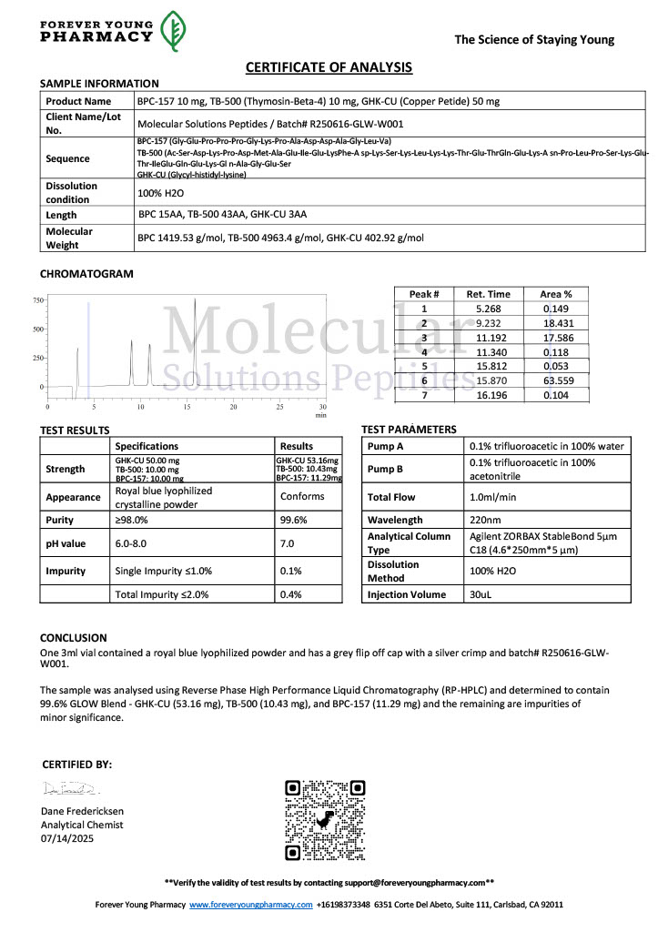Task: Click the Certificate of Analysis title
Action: tap(329, 67)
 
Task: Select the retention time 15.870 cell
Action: tap(488, 379)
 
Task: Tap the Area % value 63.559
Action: tap(557, 379)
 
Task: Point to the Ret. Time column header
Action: tap(488, 294)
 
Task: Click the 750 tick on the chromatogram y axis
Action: tap(38, 299)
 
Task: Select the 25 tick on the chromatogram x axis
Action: tap(279, 407)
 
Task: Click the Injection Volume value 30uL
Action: tap(482, 594)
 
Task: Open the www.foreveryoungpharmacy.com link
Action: tap(250, 905)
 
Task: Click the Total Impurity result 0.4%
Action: tap(290, 594)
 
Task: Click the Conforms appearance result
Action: tap(302, 496)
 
